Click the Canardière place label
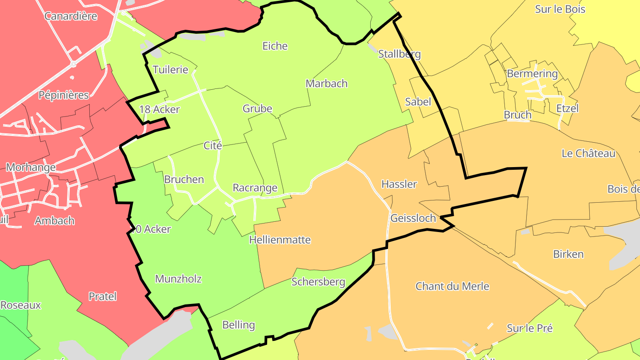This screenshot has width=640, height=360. (x=71, y=16)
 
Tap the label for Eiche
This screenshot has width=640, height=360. (x=275, y=46)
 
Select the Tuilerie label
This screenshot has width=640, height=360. (x=170, y=70)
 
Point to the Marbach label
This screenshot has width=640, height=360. (x=327, y=84)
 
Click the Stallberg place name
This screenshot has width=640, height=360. (x=399, y=54)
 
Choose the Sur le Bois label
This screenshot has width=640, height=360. (x=560, y=9)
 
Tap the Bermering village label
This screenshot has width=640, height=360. (x=532, y=74)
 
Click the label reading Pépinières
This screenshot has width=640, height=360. (x=64, y=95)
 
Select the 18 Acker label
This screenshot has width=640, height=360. (x=159, y=109)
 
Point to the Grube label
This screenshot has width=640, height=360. (x=257, y=109)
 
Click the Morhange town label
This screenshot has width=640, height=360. (x=31, y=168)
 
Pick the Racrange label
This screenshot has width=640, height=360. (x=255, y=188)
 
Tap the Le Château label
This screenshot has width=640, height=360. (x=588, y=154)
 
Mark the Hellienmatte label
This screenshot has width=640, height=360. (x=280, y=240)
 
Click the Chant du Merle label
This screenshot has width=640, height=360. (x=452, y=286)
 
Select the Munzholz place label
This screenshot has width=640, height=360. (x=178, y=279)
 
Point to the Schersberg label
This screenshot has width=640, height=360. (x=318, y=282)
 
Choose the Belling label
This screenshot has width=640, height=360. (x=239, y=325)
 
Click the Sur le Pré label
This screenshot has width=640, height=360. (x=530, y=328)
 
